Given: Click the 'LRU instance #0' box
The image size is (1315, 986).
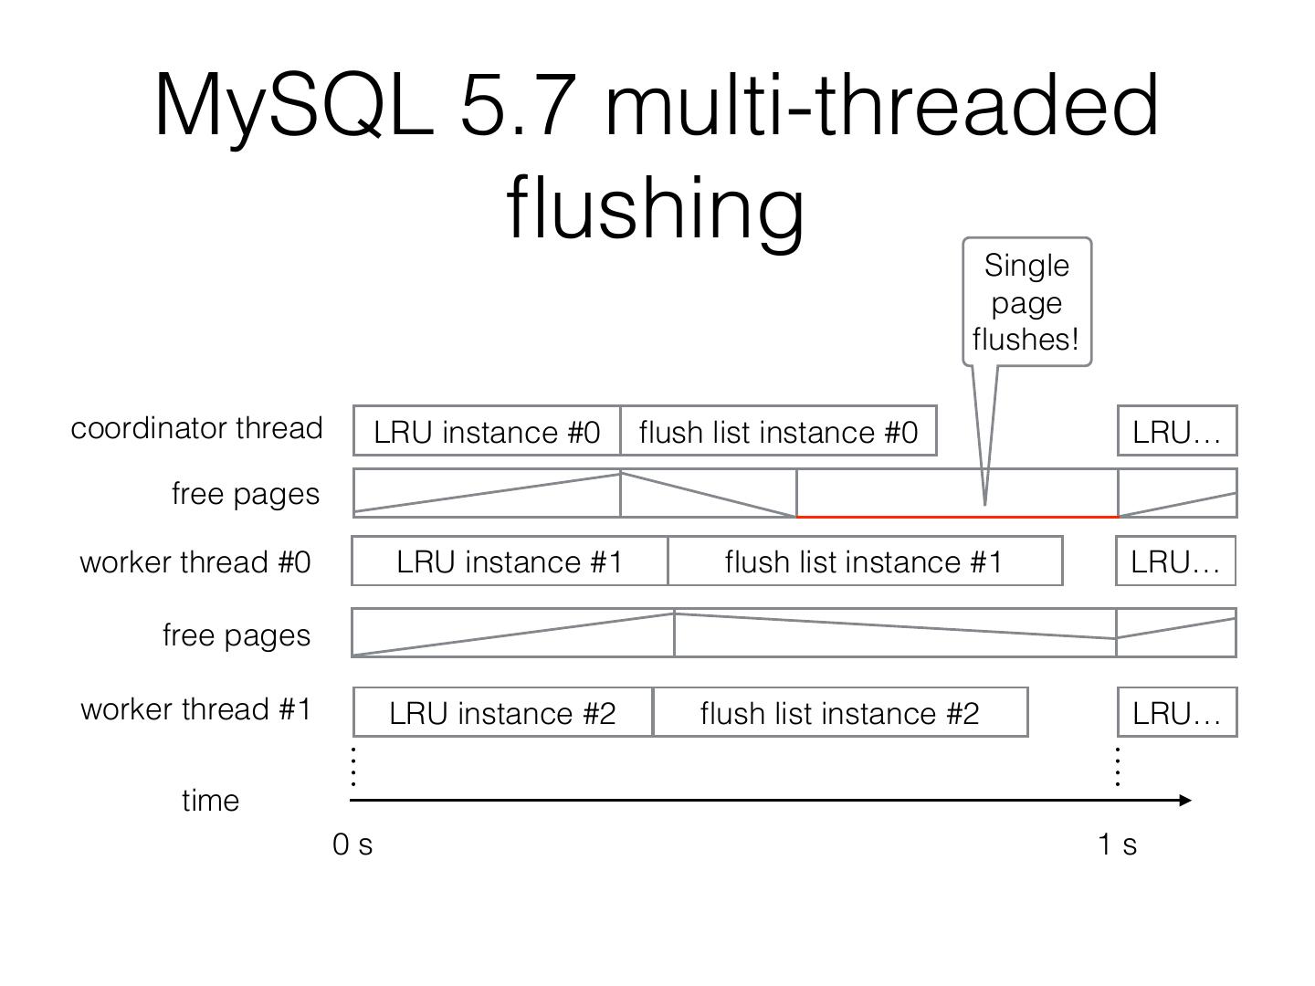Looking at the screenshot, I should tap(487, 431).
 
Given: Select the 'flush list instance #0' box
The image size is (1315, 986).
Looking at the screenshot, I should tap(778, 431).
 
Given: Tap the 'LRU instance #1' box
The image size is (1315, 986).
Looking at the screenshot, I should tap(510, 561).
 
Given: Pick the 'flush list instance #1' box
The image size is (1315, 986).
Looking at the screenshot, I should tap(864, 561).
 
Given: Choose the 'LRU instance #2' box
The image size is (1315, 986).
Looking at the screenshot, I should tap(502, 712).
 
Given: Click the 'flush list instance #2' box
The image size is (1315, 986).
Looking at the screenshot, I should tap(840, 712).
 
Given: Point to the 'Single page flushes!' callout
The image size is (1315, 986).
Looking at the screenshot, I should tap(1026, 302).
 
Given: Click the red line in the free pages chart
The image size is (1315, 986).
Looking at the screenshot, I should tap(957, 517).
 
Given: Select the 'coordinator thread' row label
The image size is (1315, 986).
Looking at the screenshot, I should tap(196, 428).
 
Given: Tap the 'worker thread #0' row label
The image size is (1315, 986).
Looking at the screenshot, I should tap(195, 561).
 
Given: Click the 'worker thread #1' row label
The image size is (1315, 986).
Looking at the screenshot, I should tap(196, 709).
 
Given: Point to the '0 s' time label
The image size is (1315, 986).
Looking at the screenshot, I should tap(352, 844).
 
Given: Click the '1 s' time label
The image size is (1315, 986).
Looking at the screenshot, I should tap(1117, 844).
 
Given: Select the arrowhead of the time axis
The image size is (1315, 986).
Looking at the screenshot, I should tap(1185, 800).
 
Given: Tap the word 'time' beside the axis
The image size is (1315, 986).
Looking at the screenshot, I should tap(210, 801).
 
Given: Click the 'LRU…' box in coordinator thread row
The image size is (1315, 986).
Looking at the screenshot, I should tap(1176, 431).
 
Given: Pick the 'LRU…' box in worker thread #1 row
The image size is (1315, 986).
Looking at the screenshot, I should tap(1176, 712).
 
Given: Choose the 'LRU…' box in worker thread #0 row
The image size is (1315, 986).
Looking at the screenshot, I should tap(1175, 561).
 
